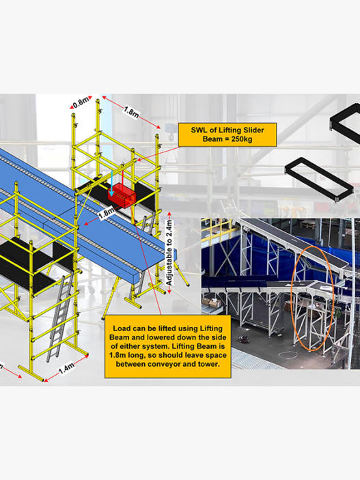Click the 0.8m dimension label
[81, 102]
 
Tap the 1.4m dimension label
[66, 368]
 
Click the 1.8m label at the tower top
[131, 111]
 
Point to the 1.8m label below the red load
[107, 212]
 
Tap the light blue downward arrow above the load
[112, 183]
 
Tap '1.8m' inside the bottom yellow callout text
[117, 356]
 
